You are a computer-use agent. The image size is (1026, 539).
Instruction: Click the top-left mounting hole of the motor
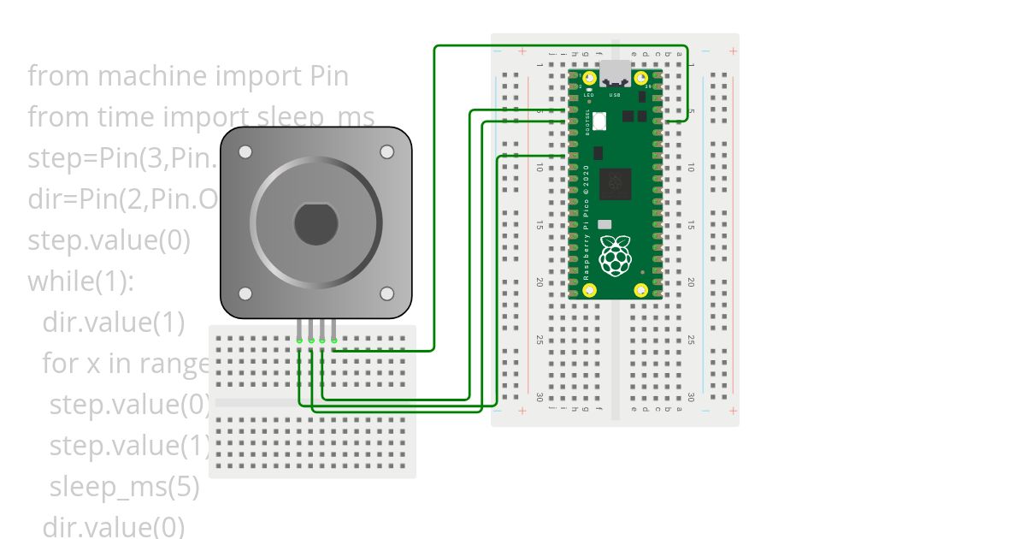245,152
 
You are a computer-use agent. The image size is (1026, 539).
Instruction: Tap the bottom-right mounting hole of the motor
387,293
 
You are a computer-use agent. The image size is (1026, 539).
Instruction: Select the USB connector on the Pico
615,74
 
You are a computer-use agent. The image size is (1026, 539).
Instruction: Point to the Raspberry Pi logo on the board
615,256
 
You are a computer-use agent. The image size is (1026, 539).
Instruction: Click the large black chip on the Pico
616,183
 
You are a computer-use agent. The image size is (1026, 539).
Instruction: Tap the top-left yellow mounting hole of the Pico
589,79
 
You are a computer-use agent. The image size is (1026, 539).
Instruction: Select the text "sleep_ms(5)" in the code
124,487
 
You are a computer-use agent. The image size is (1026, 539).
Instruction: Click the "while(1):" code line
80,281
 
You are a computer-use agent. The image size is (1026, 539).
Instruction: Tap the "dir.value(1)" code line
113,323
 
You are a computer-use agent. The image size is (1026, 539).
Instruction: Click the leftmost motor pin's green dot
300,341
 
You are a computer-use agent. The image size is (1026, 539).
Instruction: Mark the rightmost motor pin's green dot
333,341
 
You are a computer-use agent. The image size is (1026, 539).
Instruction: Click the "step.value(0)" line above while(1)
109,240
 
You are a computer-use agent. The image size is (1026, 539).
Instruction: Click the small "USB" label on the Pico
615,95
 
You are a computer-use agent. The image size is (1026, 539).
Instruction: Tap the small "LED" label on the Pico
589,95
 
